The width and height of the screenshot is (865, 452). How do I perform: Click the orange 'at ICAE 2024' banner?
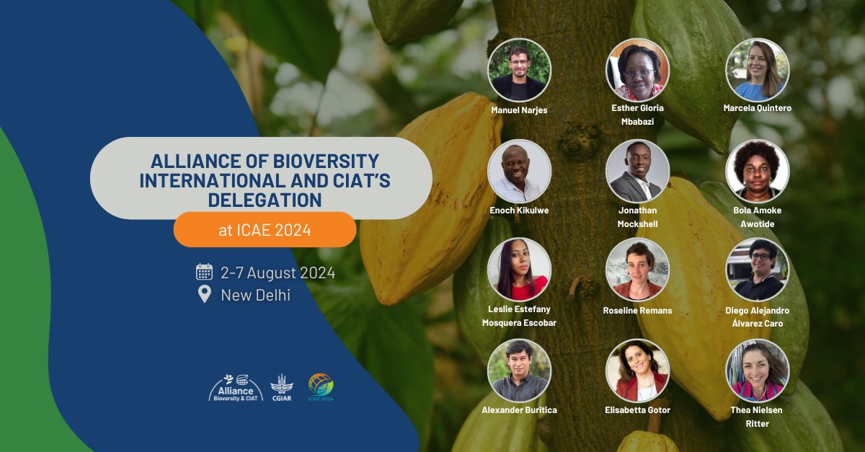point(265,230)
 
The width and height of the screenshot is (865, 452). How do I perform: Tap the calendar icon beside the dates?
point(204,272)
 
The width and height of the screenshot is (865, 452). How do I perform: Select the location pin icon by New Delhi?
point(204,294)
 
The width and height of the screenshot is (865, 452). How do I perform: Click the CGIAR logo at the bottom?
point(281,388)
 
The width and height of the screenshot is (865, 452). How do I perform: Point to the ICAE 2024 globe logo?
point(321,386)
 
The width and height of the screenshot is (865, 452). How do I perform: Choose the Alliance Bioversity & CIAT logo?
point(235,388)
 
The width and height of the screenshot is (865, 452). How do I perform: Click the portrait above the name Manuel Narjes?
point(519,70)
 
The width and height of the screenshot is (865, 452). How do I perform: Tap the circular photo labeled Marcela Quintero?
point(757,70)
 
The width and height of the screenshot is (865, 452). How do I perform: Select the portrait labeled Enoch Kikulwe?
point(519,171)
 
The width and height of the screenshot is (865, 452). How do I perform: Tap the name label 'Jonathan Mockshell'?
point(637,217)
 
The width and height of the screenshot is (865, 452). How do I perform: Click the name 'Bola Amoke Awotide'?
point(757,217)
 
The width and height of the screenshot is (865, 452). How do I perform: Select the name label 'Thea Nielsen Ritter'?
point(757,417)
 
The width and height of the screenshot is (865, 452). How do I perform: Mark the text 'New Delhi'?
point(255,295)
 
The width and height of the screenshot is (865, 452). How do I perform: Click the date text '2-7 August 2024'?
point(278,273)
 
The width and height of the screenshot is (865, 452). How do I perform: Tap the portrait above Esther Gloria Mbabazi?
point(637,70)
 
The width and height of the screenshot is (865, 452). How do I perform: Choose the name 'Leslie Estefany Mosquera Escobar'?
point(519,316)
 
